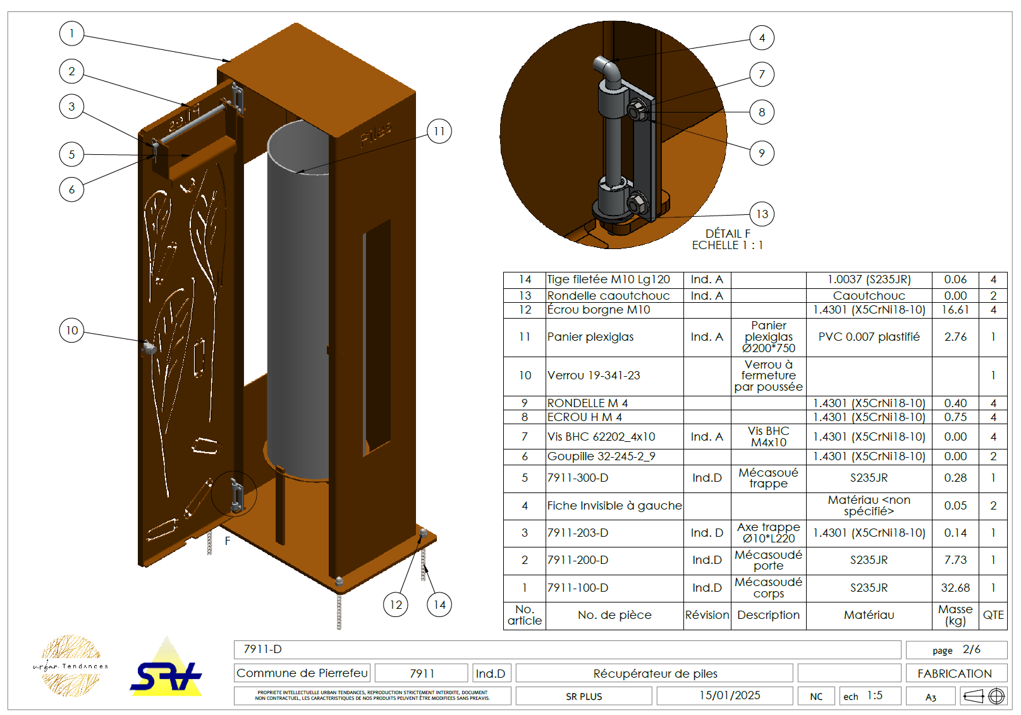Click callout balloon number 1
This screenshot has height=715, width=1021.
pos(71,33)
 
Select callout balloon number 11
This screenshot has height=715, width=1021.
pos(439,131)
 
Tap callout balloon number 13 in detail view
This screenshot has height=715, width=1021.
pos(762,214)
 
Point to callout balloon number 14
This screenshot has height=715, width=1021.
pos(439,604)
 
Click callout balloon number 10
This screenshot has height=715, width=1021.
pos(71,330)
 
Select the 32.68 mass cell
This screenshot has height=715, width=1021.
pos(955,587)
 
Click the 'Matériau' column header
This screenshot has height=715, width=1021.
pos(869,614)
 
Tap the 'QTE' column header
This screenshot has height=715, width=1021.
pos(993,614)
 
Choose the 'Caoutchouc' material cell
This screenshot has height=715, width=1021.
pos(869,295)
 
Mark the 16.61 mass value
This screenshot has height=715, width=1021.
pos(955,310)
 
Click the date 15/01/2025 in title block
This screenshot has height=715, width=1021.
pos(729,695)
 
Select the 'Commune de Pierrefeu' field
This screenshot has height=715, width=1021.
pos(302,673)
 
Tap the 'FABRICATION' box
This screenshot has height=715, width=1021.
pos(955,673)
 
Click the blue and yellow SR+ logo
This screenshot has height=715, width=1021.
pos(166,671)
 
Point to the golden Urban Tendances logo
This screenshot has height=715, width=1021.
pos(71,666)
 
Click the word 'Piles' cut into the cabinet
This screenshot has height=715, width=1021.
pos(376,135)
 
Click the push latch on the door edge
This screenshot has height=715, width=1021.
pos(149,347)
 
